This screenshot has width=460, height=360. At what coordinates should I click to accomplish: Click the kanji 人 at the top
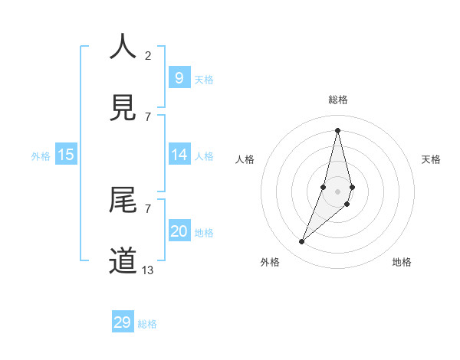coord(123,47)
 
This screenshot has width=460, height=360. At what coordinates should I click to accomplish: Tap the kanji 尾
coord(123,201)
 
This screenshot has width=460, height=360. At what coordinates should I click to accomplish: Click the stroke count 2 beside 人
coord(148,55)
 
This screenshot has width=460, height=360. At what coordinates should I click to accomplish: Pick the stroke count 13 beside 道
coord(148,270)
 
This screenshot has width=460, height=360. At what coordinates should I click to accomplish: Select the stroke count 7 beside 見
coord(148,116)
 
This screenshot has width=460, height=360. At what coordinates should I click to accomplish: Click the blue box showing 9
coord(179,77)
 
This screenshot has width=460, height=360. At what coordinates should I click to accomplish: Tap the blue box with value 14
coord(179,155)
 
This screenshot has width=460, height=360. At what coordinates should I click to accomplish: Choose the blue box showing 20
coord(179,231)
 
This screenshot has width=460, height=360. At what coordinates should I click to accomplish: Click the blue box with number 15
coord(66,155)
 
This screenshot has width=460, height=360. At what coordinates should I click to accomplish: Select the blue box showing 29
coord(123,322)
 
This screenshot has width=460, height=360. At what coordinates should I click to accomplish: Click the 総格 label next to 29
coord(147,324)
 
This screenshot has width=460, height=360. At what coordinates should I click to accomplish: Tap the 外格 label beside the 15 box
coord(41,156)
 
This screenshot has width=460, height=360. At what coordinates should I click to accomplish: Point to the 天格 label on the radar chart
coord(431,159)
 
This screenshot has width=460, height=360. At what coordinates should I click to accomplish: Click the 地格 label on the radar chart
coord(402,262)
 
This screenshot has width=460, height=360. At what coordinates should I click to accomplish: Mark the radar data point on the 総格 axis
coord(337,129)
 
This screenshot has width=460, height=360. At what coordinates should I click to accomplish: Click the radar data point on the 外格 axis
coord(301,242)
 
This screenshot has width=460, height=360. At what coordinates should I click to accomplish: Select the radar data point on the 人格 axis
coord(324,187)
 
